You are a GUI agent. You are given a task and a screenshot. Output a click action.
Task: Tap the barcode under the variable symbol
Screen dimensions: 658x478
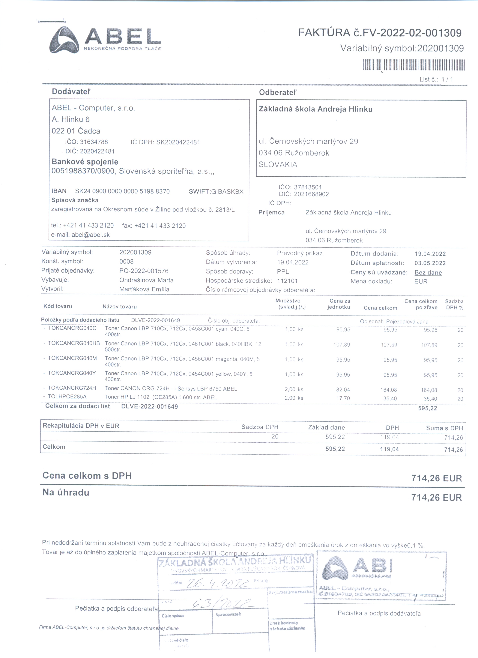pyautogui.click(x=414, y=65)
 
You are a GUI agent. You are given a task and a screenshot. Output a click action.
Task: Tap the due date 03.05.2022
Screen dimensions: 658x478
pyautogui.click(x=430, y=263)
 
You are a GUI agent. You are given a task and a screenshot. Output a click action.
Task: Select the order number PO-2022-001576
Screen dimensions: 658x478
pyautogui.click(x=144, y=271)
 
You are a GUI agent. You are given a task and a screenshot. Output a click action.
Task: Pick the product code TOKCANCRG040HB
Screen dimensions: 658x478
pyautogui.click(x=74, y=343)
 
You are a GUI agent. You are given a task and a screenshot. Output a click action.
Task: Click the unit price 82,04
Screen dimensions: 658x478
pyautogui.click(x=343, y=390)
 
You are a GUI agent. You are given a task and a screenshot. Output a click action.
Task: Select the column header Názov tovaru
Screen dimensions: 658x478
pyautogui.click(x=120, y=307)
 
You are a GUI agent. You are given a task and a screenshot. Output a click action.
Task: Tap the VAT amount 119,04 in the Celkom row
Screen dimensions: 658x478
pyautogui.click(x=389, y=449)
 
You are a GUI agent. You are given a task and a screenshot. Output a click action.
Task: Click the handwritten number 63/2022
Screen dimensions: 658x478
pyautogui.click(x=222, y=604)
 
